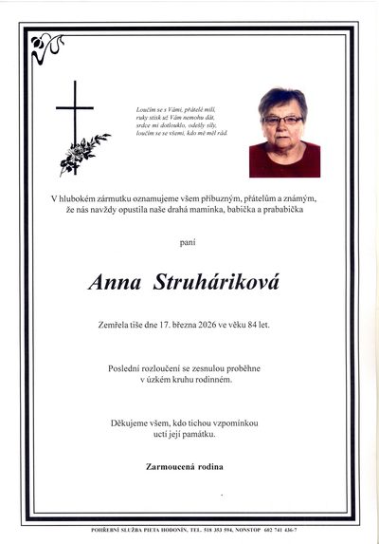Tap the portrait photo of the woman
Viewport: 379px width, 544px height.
pos(284,132)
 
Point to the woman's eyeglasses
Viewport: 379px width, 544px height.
pos(283,120)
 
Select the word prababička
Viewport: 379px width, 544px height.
pos(281,209)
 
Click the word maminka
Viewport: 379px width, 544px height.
pos(203,209)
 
